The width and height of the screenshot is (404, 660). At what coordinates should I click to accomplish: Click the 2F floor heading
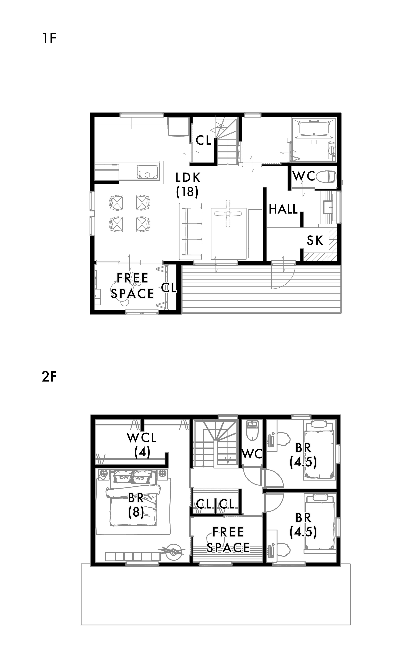pyautogui.click(x=49, y=377)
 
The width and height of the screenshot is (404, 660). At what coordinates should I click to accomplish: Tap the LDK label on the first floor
pyautogui.click(x=188, y=178)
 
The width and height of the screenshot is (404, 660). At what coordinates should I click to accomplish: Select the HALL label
pyautogui.click(x=283, y=209)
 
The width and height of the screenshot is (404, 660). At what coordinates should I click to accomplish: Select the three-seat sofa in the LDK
pyautogui.click(x=191, y=231)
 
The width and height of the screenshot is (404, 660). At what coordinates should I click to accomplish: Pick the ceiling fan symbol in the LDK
pyautogui.click(x=228, y=214)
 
